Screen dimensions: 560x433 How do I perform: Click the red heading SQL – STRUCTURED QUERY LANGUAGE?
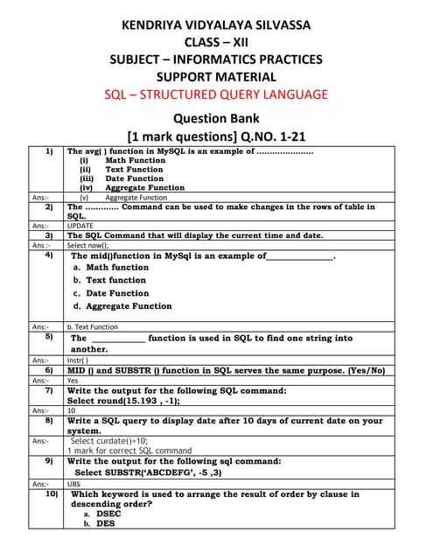[216, 94]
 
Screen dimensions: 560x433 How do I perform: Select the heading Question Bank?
[216, 118]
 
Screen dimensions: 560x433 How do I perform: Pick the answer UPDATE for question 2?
[80, 226]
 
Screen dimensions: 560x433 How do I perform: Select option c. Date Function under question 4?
[111, 293]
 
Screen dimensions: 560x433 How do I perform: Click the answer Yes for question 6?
[73, 381]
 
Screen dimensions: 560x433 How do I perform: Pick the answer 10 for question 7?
[71, 410]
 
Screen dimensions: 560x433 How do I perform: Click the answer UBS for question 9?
[73, 483]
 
